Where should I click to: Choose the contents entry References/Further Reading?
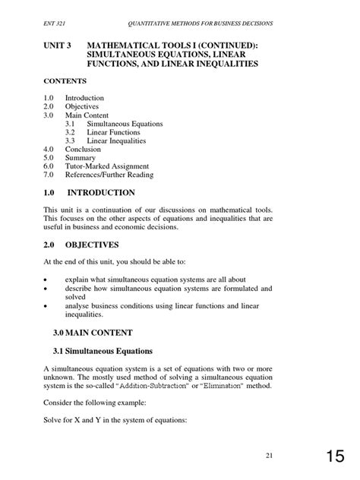109,175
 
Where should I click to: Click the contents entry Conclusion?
84,149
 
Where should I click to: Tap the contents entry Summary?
81,157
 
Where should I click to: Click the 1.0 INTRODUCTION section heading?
89,194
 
